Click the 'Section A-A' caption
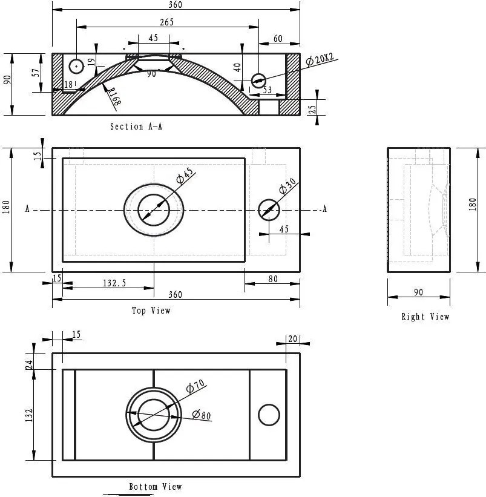136,127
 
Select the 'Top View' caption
151,311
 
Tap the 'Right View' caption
425,317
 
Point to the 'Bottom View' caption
156,487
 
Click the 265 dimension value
167,22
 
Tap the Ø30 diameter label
287,186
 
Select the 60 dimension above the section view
278,39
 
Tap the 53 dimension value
266,90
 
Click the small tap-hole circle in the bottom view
269,415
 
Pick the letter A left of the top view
27,209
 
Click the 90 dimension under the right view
418,292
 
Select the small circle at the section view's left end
76,65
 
